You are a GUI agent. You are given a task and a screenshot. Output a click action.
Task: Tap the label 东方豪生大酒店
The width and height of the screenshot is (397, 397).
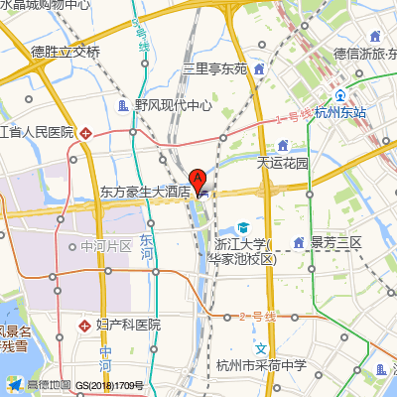pos(145,192)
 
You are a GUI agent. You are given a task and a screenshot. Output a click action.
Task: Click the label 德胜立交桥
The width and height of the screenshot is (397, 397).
pos(66,52)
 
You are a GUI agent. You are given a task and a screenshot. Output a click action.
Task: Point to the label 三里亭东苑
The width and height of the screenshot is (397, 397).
pos(214,69)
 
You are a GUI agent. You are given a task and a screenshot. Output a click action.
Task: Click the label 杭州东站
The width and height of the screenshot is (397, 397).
pos(340,114)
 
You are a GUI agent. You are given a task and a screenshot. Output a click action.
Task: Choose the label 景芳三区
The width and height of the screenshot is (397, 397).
pos(338,241)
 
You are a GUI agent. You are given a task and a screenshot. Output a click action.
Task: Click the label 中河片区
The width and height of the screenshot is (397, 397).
pos(106,246)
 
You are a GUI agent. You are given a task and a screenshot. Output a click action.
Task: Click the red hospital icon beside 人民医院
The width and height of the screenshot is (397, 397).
pos(86,132)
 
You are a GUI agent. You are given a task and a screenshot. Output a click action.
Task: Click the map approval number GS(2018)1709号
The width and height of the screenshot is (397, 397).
pos(111,385)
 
